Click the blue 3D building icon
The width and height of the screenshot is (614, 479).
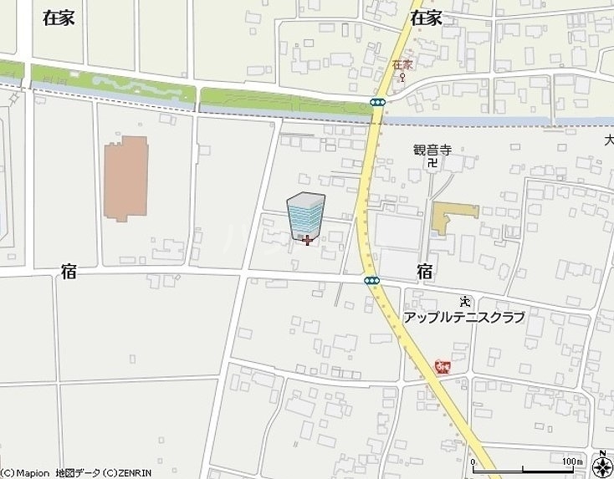coord(305,215)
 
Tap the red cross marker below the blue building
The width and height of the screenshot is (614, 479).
coord(307,241)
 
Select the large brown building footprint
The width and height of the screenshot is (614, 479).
coord(125,178)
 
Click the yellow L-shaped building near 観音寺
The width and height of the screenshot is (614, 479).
coord(453,217)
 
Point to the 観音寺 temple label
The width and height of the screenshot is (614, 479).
coord(432,150)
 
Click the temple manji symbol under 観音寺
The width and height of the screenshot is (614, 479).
coord(432,163)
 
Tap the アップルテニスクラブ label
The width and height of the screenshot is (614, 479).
coord(463,318)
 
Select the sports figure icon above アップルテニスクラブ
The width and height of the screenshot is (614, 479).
coord(465,302)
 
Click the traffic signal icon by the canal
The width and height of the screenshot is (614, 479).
coord(378,102)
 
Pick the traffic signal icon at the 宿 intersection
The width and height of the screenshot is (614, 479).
coord(372,280)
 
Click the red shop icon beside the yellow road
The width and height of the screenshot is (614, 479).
coord(442,365)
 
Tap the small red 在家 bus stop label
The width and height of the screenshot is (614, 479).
coord(402,65)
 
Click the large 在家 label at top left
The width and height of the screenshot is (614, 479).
coord(59,18)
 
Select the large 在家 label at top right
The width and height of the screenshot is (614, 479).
coord(426,18)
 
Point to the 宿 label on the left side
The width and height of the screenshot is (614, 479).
coord(69,272)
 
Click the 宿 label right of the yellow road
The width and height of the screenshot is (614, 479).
coord(425,271)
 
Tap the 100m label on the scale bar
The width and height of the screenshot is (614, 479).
coord(572,461)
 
